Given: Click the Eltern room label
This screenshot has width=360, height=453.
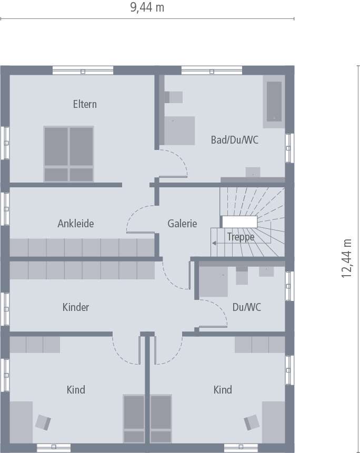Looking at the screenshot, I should click(x=85, y=104).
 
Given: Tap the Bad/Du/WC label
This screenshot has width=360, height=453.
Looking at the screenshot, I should click(x=234, y=140).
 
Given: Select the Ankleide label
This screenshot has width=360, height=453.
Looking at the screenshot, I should click(x=76, y=224).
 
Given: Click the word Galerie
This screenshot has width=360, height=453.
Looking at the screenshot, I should click(x=182, y=224).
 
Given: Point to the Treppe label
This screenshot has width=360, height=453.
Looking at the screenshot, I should click(x=241, y=237).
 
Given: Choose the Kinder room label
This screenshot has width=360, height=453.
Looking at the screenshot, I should click(x=76, y=307).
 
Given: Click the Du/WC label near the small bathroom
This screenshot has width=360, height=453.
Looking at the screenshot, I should click(x=246, y=307).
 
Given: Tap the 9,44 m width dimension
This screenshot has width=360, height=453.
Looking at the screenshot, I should click(x=147, y=8).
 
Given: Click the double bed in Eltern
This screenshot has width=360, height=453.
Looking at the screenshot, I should click(x=68, y=154).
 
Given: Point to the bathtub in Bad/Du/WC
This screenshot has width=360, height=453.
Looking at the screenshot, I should click(x=274, y=101).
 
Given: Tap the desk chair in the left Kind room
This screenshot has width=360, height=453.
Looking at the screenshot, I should click(x=43, y=422).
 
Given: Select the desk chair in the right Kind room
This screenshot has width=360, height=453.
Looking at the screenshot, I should click(x=252, y=422).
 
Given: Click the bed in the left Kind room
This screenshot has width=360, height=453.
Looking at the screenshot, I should click(x=134, y=419).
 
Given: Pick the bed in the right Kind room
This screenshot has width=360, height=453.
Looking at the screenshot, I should click(x=161, y=419).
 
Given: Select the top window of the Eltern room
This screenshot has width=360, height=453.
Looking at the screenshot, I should click(x=83, y=71).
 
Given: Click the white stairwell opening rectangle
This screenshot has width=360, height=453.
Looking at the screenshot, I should click(x=239, y=222).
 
